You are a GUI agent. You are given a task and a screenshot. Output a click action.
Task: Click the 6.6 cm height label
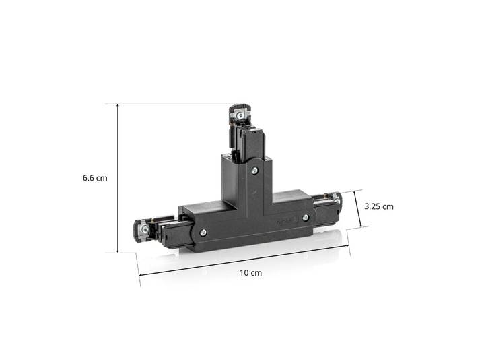(95, 178)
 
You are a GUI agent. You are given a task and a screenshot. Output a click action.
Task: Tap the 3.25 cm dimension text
(379, 206)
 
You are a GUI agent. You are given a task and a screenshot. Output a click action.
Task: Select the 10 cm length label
(251, 272)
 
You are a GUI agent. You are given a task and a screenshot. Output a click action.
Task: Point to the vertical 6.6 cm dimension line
(118, 179)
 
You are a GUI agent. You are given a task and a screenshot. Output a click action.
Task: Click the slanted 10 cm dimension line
(244, 260)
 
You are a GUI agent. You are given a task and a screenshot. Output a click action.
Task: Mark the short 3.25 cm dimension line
(358, 209)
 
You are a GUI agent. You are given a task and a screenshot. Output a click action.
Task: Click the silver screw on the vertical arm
(254, 170)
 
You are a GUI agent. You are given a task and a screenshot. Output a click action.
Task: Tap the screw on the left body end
(203, 233)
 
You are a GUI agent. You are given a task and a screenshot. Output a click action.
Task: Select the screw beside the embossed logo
(305, 218)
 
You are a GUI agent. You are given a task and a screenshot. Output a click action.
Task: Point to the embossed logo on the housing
(285, 221)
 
